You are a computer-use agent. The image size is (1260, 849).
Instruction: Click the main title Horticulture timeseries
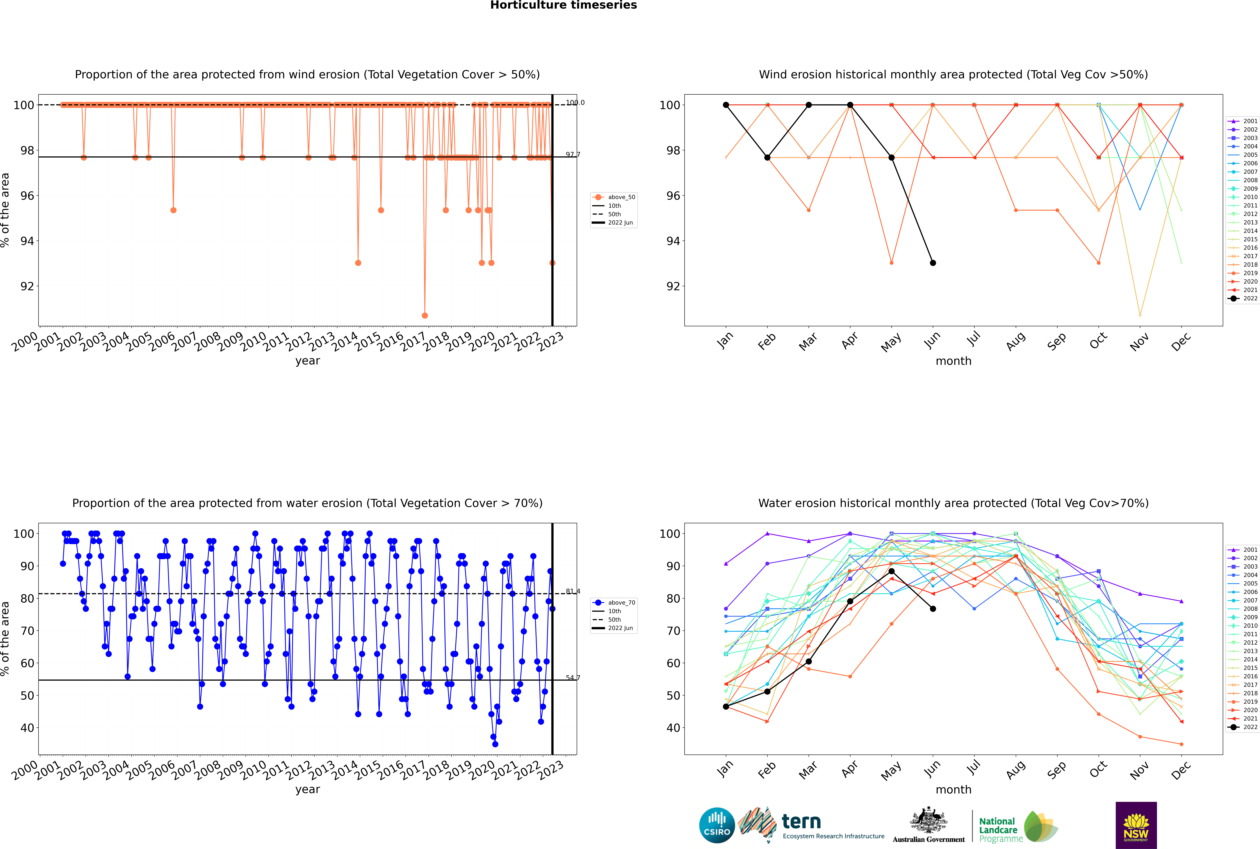(563, 5)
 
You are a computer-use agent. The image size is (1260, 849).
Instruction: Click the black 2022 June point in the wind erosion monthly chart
(933, 263)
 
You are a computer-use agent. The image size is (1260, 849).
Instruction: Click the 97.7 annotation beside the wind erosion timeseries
(573, 155)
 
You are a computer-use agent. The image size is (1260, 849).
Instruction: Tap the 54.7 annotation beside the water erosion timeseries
(573, 678)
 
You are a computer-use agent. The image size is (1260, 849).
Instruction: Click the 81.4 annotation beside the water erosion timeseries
(573, 591)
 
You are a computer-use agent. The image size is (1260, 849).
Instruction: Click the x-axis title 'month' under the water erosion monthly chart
(953, 789)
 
